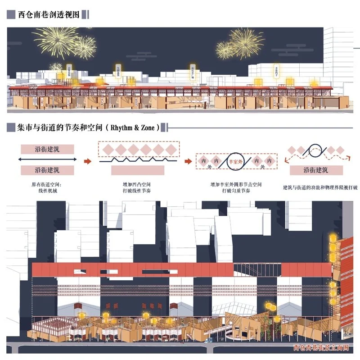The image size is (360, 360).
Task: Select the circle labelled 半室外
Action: point(235,160)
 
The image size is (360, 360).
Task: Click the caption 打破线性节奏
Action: point(138,191)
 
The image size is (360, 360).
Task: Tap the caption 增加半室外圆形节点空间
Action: point(236,184)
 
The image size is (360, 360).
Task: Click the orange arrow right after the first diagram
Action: point(89,160)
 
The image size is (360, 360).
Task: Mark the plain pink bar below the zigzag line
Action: point(138,170)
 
